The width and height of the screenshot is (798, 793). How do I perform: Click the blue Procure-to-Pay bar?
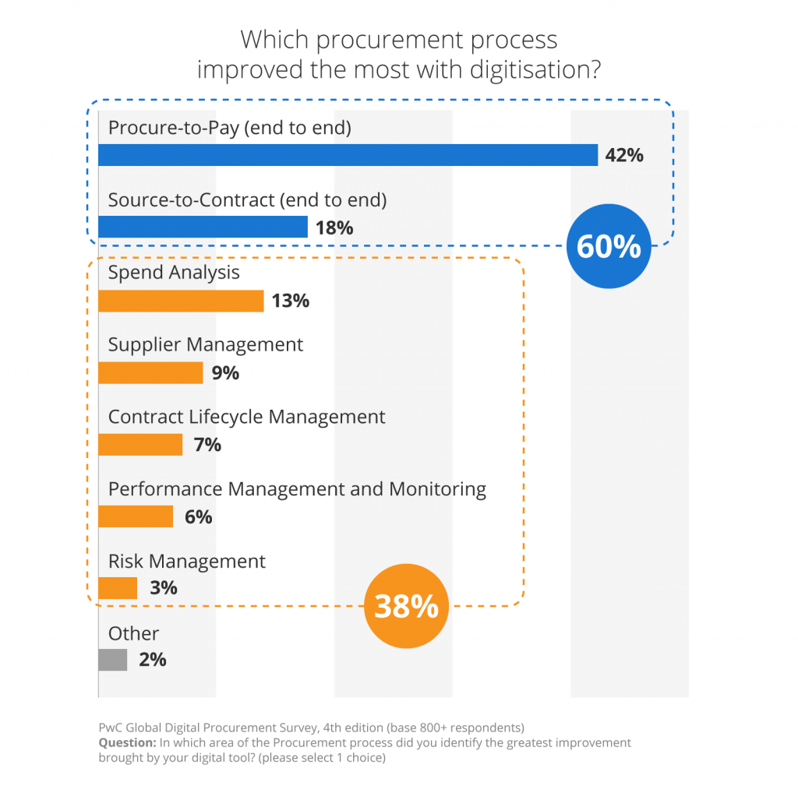348,155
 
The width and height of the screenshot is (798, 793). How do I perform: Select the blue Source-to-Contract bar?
203,227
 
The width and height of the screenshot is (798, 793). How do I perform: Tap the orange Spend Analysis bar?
181,301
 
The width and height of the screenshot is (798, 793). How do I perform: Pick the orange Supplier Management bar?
150,373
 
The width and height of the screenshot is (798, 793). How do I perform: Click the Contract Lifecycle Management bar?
140,445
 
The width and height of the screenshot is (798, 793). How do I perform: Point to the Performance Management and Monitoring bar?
136,516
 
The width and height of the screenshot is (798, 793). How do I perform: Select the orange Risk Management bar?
118,588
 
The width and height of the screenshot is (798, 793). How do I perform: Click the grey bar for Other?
113,661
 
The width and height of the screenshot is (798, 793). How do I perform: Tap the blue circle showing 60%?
608,247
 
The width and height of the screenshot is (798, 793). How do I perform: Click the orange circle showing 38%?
405,606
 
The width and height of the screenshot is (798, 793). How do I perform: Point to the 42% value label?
624,155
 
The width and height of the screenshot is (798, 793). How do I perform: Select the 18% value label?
334,227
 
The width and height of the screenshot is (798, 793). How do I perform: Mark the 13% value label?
290,301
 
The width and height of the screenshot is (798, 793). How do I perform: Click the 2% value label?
153,661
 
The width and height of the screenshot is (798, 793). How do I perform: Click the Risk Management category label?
187,562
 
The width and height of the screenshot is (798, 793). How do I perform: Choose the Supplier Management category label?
206,345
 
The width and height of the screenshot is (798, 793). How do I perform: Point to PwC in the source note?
111,728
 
